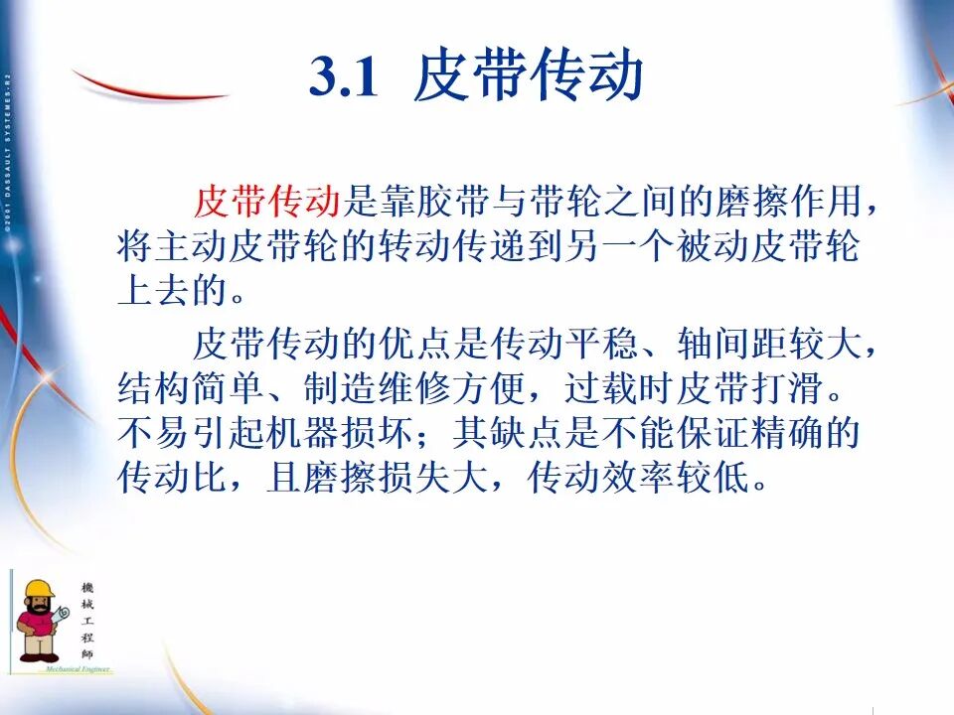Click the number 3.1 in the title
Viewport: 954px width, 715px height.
click(344, 77)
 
